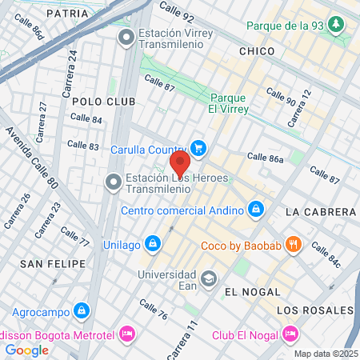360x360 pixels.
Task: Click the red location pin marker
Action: [180, 165]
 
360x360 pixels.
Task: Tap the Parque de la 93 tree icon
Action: [337, 26]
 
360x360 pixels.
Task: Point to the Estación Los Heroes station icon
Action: [113, 183]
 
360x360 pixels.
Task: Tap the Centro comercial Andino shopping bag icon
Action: [255, 211]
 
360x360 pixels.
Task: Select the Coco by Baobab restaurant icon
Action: [294, 245]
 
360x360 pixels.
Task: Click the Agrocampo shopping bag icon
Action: [81, 310]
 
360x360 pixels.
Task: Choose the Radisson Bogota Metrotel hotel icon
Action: [126, 333]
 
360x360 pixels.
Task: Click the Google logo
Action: [26, 350]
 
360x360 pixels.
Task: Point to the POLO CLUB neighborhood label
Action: [98, 102]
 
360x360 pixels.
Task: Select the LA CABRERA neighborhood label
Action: [320, 212]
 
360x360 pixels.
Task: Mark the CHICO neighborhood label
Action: [256, 51]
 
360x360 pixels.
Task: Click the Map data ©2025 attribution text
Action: [326, 354]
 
